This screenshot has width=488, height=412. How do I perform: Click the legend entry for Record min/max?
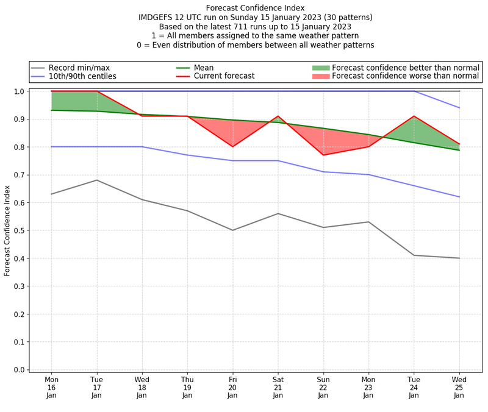79,68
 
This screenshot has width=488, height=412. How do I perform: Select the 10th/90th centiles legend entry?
82,77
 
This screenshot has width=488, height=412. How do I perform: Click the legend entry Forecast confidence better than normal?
406,68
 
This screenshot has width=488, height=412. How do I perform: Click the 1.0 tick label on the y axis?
18,91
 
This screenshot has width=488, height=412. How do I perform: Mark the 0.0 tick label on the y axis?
18,370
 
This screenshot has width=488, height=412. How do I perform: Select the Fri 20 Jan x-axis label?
232,387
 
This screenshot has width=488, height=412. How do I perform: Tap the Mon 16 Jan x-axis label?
51,387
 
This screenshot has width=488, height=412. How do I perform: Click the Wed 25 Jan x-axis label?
459,387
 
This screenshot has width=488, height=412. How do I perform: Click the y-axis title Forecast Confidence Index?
7,230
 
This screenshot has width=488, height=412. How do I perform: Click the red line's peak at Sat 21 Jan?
278,116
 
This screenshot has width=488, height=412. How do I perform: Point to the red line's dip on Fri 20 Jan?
232,146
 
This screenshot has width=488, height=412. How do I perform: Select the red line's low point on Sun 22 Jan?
323,155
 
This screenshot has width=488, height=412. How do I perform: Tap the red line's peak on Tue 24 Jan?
414,116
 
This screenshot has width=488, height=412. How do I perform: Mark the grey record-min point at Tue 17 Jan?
96,180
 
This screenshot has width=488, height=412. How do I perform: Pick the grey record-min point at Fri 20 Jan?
232,230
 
